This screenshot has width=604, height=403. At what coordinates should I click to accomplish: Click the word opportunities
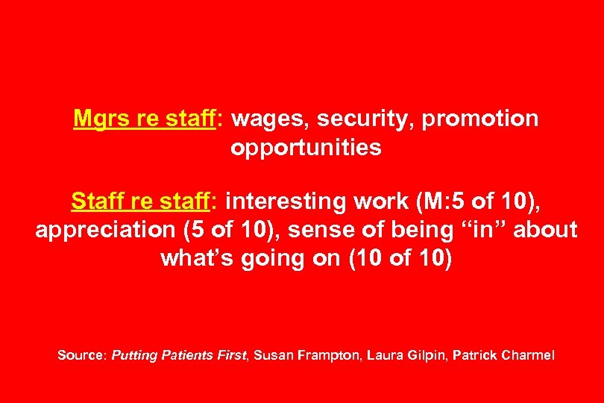point(306,148)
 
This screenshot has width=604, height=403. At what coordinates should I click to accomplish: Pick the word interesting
point(292,201)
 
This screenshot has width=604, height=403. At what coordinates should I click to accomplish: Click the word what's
point(195,259)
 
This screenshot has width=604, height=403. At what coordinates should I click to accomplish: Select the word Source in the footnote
point(80,355)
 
